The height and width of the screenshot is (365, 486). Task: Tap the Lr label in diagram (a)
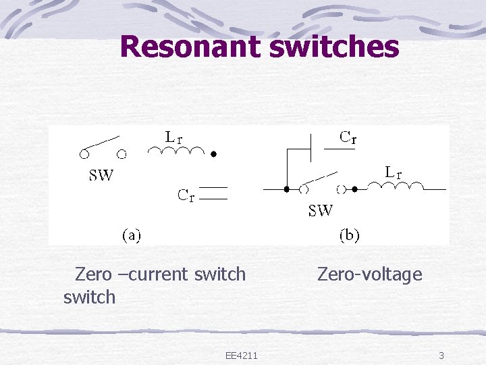[174, 137]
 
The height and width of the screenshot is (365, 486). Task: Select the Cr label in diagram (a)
[186, 196]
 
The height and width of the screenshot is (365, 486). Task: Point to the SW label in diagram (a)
[102, 176]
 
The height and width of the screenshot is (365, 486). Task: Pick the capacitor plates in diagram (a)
[215, 193]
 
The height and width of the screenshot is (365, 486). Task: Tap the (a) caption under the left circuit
[131, 235]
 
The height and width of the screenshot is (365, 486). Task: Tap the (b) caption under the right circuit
[349, 235]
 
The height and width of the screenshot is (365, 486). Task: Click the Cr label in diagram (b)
[348, 138]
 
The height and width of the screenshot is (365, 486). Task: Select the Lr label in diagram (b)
[394, 173]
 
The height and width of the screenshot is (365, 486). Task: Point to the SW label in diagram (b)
[321, 210]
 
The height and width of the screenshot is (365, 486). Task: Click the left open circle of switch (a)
[84, 154]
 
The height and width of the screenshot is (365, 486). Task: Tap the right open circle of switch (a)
[122, 154]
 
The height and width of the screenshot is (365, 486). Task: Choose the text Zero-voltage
[369, 274]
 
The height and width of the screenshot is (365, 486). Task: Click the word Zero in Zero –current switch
[93, 274]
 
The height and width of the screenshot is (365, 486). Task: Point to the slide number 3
[441, 356]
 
